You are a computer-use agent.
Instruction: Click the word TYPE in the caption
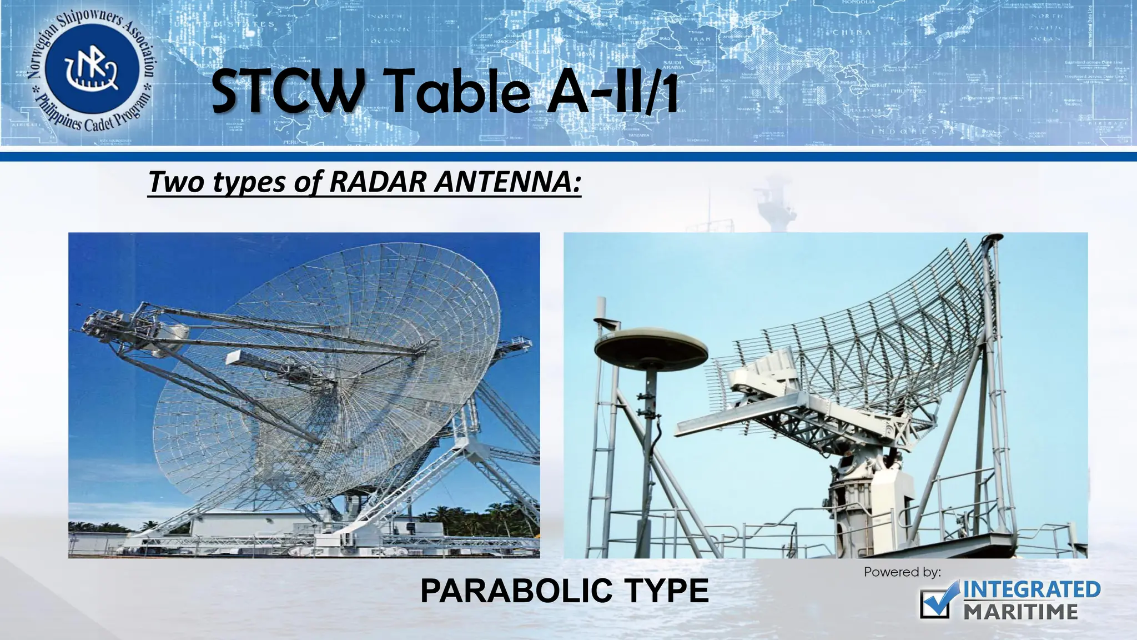coord(666,591)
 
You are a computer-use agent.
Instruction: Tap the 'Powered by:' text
coord(902,572)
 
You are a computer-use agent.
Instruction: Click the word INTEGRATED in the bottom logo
coord(1032,589)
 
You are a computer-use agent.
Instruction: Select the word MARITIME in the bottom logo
coord(1020,612)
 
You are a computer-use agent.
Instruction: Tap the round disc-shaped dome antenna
coord(651,349)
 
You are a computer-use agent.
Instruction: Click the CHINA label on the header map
coord(852,32)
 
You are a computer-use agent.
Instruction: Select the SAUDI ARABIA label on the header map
coord(673,65)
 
